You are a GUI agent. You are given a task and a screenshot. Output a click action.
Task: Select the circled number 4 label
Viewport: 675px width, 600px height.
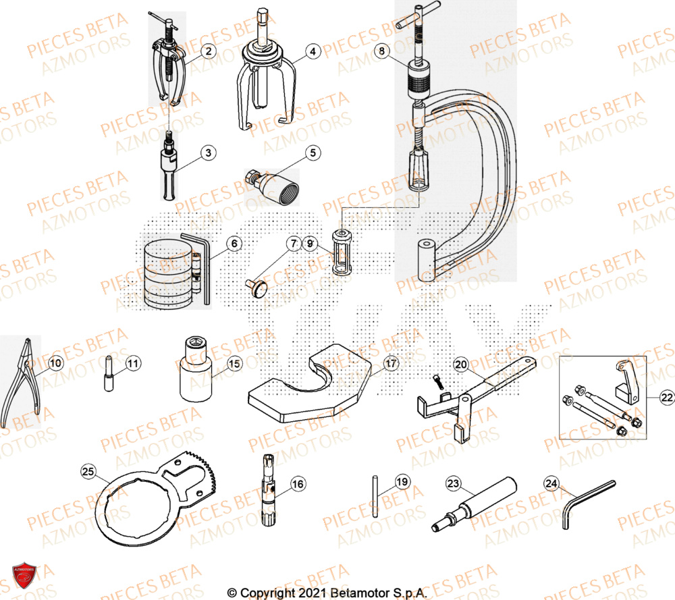(x=311, y=50)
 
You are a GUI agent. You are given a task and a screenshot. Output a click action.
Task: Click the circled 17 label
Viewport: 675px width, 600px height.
(x=390, y=364)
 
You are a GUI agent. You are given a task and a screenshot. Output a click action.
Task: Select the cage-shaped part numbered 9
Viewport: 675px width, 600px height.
(x=343, y=250)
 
